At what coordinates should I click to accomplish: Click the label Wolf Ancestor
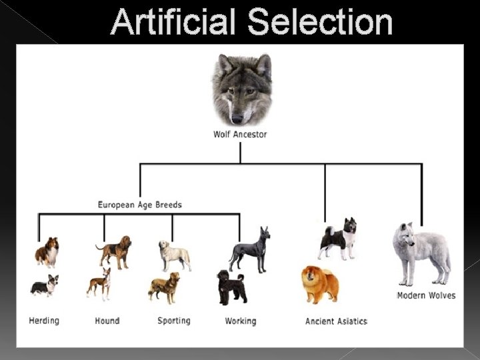click(x=240, y=134)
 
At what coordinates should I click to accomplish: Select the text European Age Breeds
click(x=139, y=205)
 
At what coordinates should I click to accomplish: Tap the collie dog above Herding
click(x=47, y=252)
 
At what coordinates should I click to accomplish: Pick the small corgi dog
click(x=45, y=286)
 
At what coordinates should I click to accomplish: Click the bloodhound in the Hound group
click(x=114, y=251)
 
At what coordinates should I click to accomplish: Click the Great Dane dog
click(x=250, y=249)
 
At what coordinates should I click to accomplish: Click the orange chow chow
click(x=320, y=284)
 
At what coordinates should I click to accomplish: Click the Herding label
click(x=44, y=321)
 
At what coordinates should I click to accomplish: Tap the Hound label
click(x=107, y=321)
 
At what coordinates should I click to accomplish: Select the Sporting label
click(x=173, y=321)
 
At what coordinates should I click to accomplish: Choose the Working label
click(x=240, y=321)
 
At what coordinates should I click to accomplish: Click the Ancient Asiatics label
click(x=336, y=321)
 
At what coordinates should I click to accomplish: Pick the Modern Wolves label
click(x=426, y=295)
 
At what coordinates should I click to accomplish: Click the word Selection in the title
click(x=320, y=21)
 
